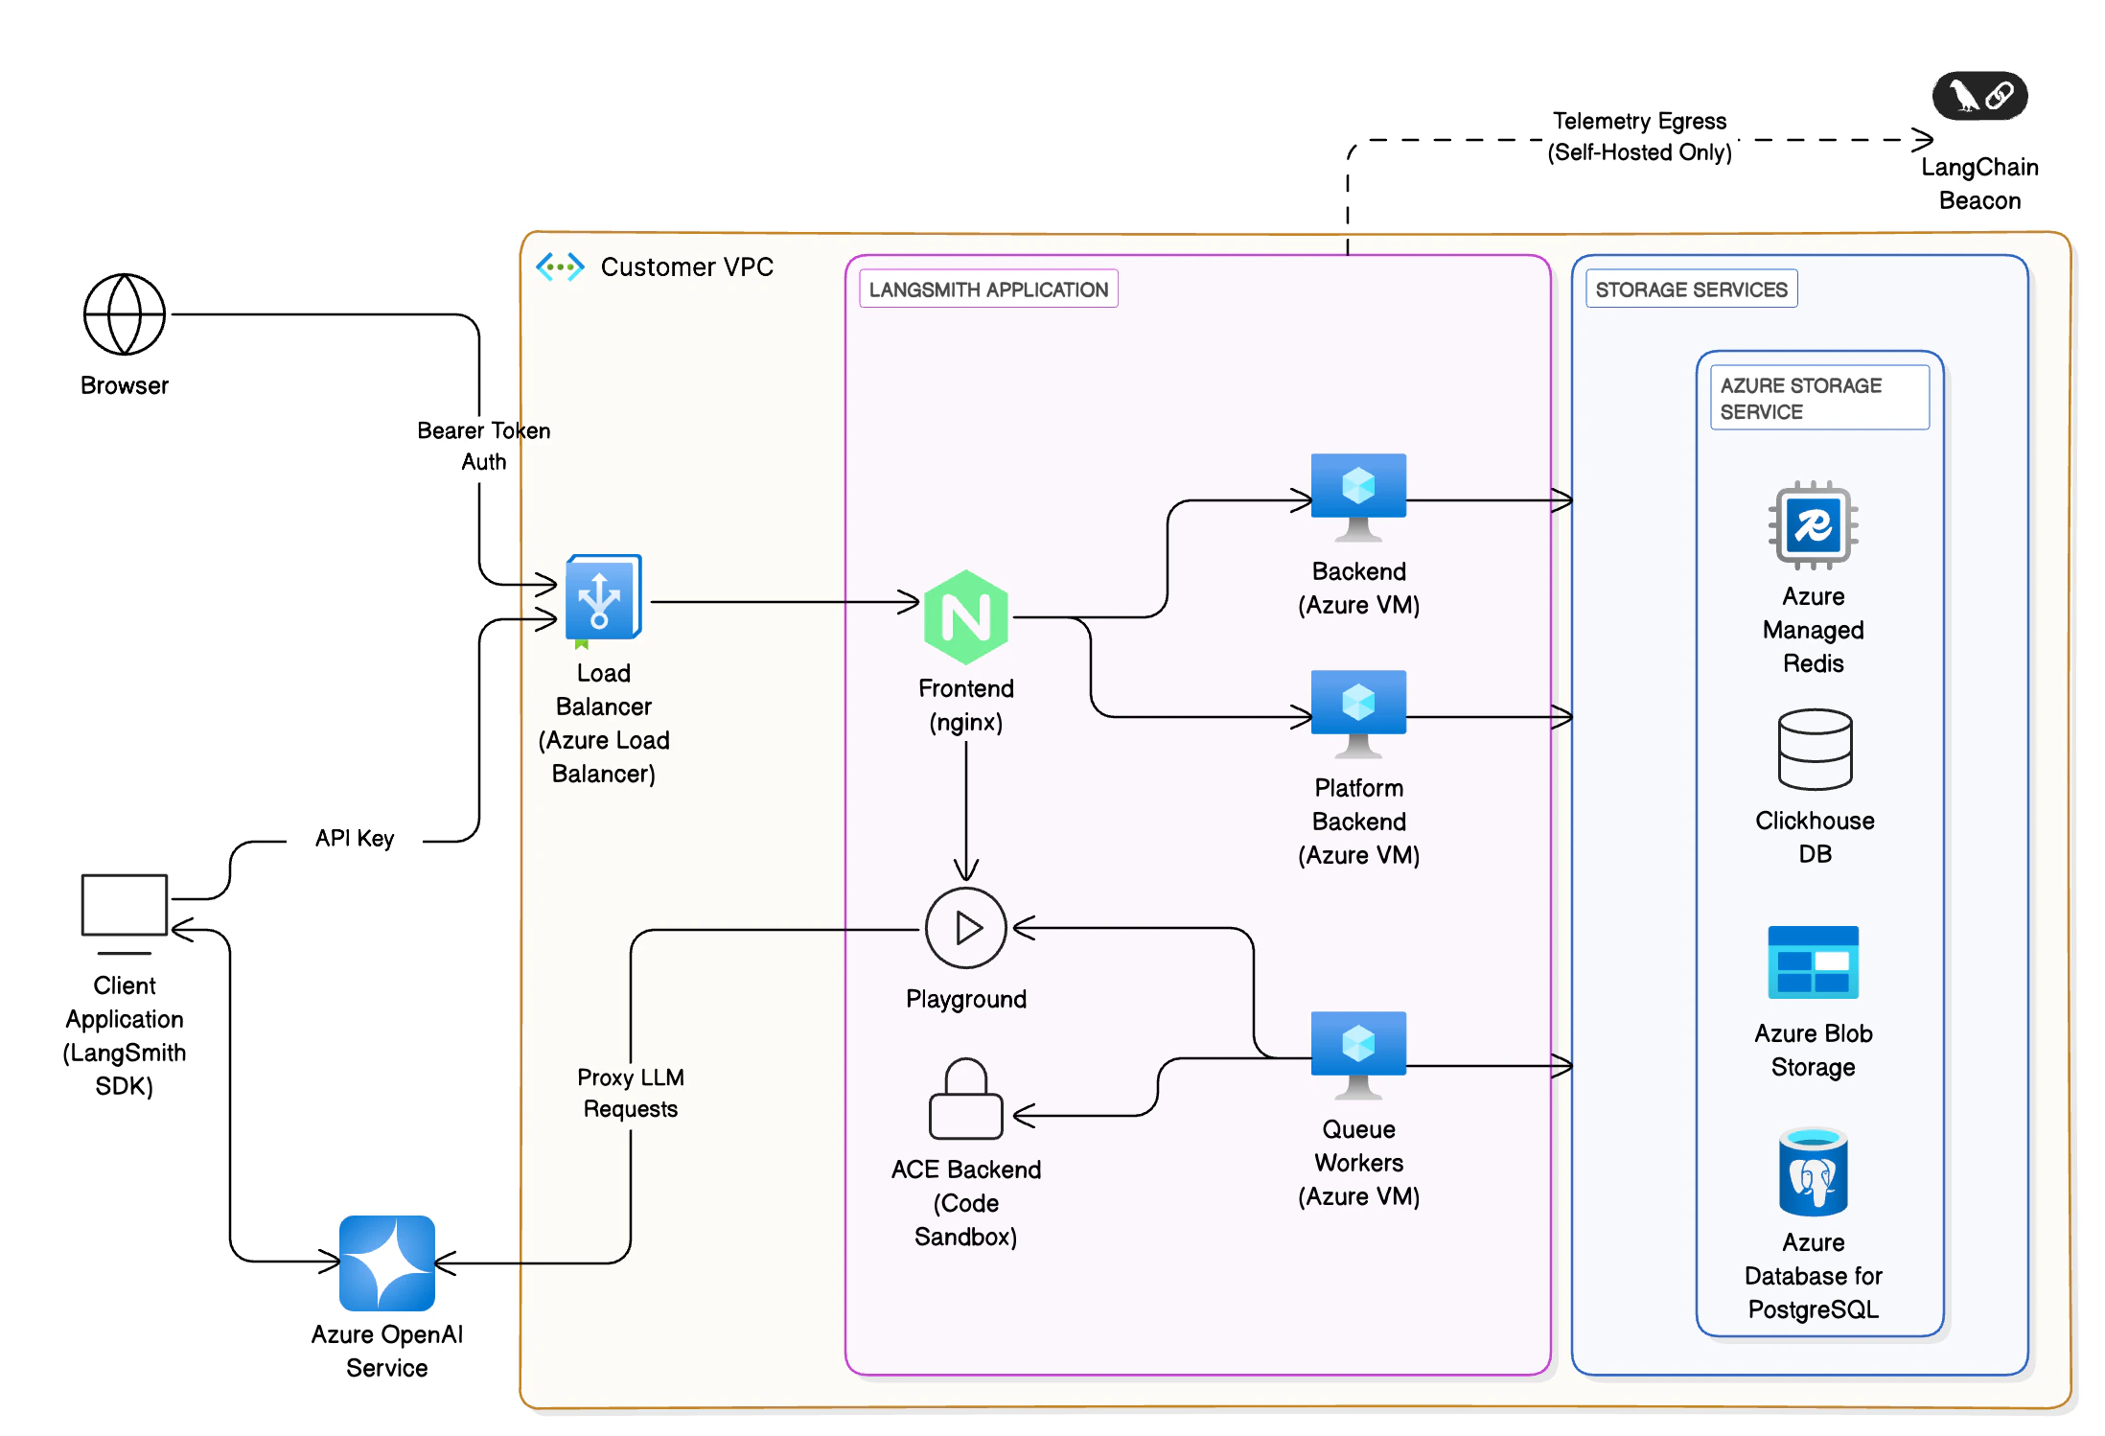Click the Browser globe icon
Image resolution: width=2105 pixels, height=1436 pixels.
pyautogui.click(x=125, y=314)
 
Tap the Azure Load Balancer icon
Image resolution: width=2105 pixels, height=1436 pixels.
pyautogui.click(x=602, y=598)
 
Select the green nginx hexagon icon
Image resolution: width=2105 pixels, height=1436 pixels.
pyautogui.click(x=965, y=617)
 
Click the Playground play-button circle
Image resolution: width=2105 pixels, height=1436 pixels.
pyautogui.click(x=965, y=928)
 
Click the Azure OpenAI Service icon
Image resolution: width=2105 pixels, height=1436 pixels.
pyautogui.click(x=387, y=1262)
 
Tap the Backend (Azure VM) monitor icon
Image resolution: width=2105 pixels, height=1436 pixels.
pyautogui.click(x=1358, y=494)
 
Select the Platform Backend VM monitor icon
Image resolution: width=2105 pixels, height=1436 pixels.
pyautogui.click(x=1358, y=710)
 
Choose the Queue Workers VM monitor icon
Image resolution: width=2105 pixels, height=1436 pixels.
pyautogui.click(x=1358, y=1052)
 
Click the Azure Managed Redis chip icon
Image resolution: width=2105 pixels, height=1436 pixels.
pyautogui.click(x=1813, y=525)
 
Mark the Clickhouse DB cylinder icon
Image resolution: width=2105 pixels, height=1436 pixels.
pyautogui.click(x=1815, y=750)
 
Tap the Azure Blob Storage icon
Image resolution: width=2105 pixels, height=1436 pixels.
pyautogui.click(x=1813, y=962)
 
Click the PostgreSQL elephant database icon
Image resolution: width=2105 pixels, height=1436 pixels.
pyautogui.click(x=1813, y=1172)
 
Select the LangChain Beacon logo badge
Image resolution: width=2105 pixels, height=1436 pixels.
pyautogui.click(x=1979, y=96)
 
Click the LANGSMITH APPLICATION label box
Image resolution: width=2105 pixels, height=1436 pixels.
pyautogui.click(x=988, y=290)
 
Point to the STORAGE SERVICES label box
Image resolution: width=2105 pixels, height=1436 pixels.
pyautogui.click(x=1691, y=290)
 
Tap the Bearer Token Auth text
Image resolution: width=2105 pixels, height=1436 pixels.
pyautogui.click(x=484, y=446)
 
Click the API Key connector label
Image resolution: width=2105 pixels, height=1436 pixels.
pyautogui.click(x=355, y=839)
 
